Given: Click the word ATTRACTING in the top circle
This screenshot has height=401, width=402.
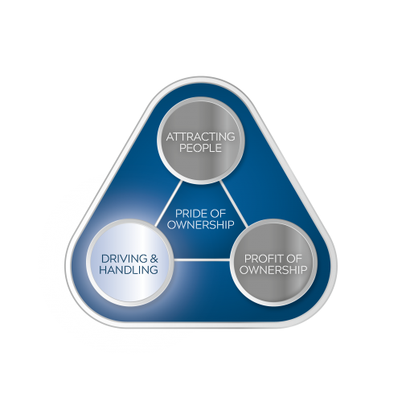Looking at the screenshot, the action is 200,137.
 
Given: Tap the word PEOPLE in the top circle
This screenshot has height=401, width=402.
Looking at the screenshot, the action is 200,148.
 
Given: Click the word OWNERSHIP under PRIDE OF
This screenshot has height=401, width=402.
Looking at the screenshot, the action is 201,224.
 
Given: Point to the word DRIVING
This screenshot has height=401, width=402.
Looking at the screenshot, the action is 125,259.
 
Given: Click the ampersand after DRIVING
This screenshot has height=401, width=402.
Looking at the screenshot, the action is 154,259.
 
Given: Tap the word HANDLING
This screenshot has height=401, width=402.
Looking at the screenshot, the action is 129,270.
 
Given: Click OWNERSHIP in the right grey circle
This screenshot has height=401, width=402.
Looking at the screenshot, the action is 273,270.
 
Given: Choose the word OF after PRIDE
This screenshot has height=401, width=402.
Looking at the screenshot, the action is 217,214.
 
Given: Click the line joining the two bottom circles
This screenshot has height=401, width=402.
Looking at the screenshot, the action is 202,260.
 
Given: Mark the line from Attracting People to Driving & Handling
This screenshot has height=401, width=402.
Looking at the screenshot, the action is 169,203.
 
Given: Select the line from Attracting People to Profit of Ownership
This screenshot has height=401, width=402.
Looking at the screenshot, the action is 234,203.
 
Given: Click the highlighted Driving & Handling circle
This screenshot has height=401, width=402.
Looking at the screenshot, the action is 129,263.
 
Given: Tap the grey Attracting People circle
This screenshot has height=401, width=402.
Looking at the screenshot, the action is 201,141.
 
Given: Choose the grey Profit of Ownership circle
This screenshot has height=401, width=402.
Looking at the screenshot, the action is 273,263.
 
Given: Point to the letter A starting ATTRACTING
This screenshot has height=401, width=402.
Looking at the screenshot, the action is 170,137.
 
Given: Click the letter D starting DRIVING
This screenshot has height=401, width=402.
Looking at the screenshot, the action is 105,259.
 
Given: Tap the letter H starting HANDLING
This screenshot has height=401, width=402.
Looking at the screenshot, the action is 103,270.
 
